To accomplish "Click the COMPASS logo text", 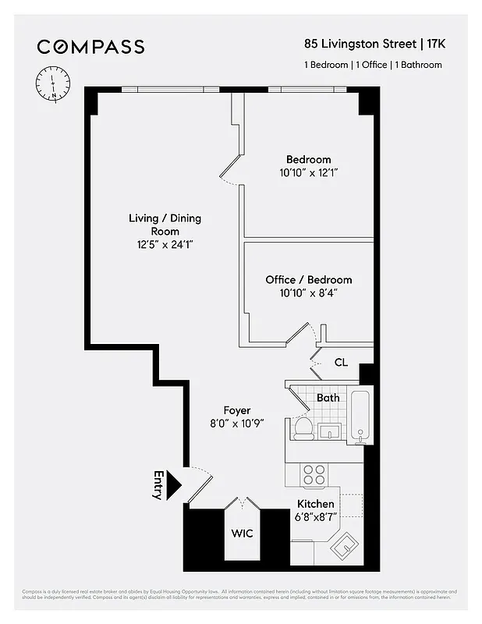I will [91, 47].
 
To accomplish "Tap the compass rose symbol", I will [53, 83].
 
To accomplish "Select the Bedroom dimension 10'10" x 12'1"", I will [308, 172].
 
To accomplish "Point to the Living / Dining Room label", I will [165, 225].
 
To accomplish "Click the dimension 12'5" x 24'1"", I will [165, 245].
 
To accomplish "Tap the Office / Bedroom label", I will [308, 279].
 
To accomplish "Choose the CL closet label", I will [341, 362].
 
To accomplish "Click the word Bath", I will [328, 398].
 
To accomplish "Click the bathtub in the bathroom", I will [361, 417].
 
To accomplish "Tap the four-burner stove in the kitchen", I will [314, 475].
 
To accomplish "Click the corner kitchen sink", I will [344, 546].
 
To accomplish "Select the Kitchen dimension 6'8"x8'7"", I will [315, 517].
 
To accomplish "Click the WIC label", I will [243, 534].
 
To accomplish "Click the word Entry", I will [158, 484].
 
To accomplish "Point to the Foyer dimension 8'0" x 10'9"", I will [236, 424].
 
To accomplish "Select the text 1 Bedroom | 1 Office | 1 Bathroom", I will [373, 65].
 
